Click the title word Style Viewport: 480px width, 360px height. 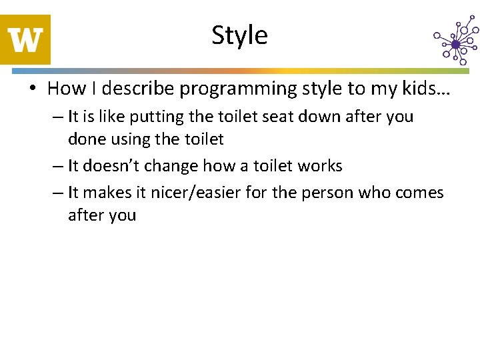(239, 35)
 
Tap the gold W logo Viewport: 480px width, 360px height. (25, 39)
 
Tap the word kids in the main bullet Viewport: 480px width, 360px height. (420, 88)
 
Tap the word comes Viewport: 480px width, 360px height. (418, 193)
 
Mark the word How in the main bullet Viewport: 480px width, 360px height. (63, 88)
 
